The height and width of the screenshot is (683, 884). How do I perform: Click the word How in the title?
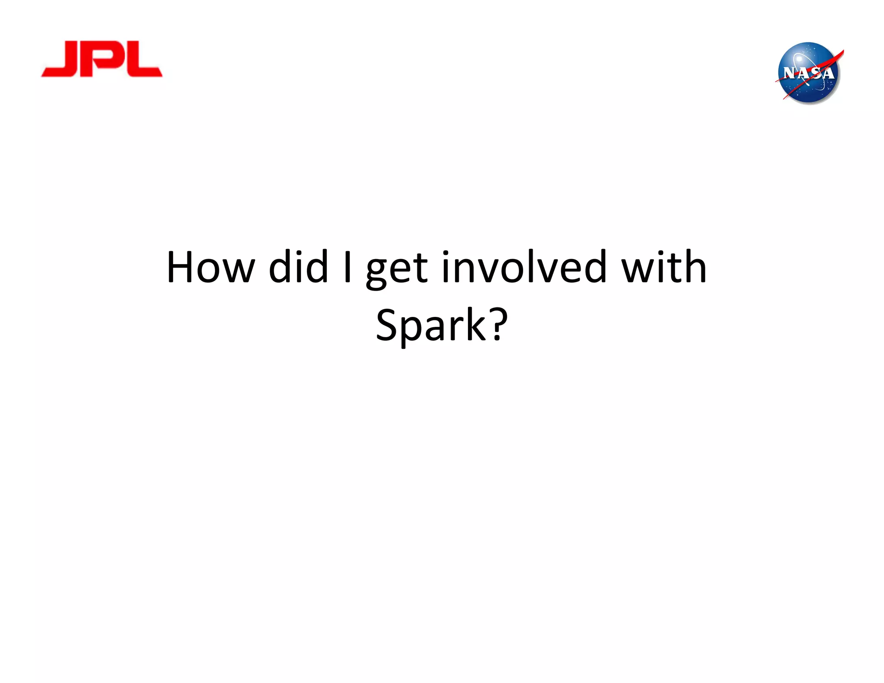[x=211, y=268]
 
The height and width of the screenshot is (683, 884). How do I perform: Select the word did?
[x=298, y=268]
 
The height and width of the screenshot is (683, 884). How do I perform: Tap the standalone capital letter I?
[x=347, y=268]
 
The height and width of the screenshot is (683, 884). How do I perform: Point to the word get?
[x=397, y=270]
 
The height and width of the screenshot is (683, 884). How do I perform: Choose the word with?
[x=664, y=268]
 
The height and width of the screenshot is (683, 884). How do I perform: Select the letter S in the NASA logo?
[x=815, y=73]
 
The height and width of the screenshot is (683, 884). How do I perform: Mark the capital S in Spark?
[x=388, y=325]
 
